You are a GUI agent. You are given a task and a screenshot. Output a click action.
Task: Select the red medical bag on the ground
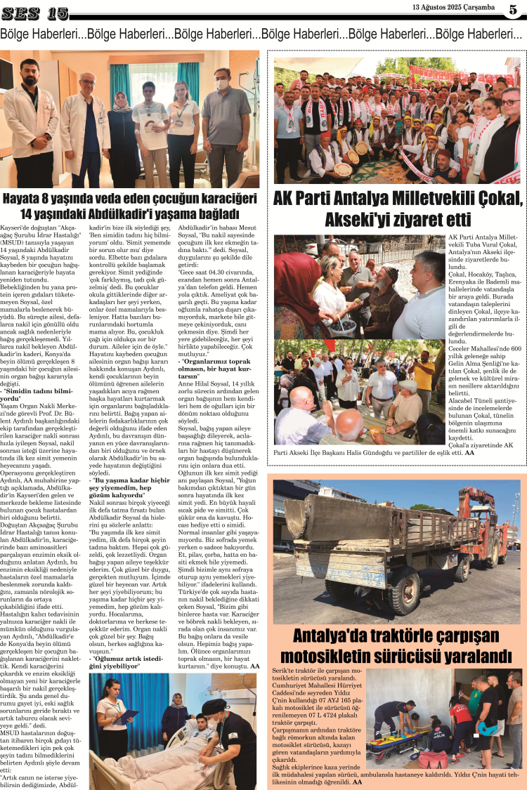pos(433,760)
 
